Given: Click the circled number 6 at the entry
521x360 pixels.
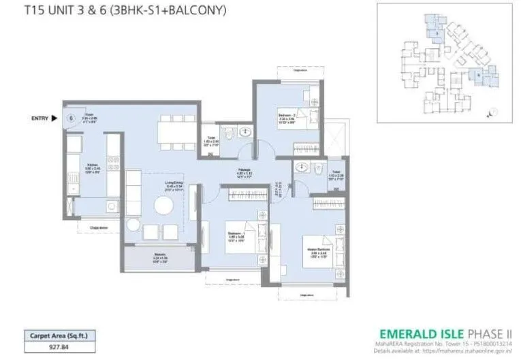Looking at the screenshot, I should (71, 118).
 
